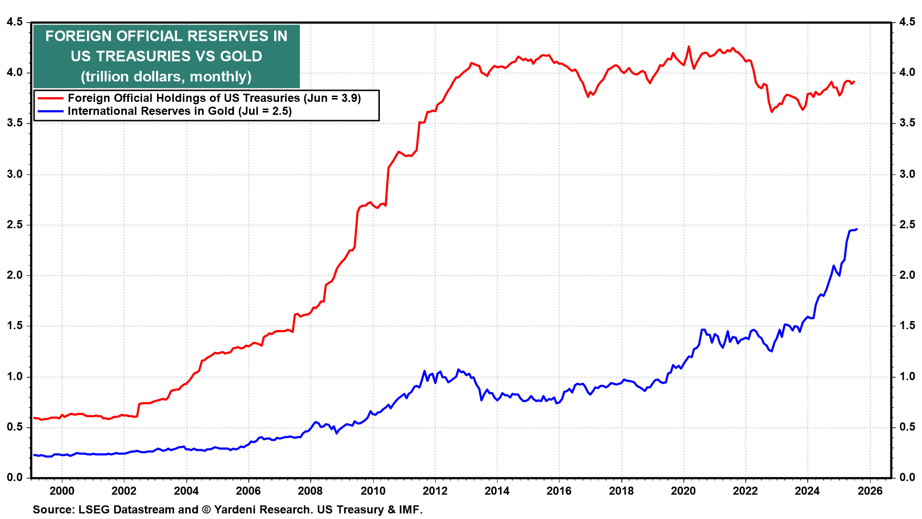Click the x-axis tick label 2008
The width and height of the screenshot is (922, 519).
310,491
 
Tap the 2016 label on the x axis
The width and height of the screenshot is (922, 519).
559,491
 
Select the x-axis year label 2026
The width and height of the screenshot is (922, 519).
870,491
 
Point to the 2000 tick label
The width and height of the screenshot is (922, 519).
62,491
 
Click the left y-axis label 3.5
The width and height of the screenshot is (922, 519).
15,123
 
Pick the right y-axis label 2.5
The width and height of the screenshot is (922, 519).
907,225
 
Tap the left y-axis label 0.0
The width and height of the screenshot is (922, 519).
15,477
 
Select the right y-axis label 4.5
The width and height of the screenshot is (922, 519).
907,22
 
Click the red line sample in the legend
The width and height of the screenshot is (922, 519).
50,98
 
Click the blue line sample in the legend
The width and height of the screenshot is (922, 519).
50,111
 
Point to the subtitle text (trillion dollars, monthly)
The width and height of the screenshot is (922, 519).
166,76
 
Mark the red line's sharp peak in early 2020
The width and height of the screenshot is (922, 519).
689,47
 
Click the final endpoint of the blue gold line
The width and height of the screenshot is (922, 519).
857,229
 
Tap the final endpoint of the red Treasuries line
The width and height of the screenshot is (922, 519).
854,81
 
